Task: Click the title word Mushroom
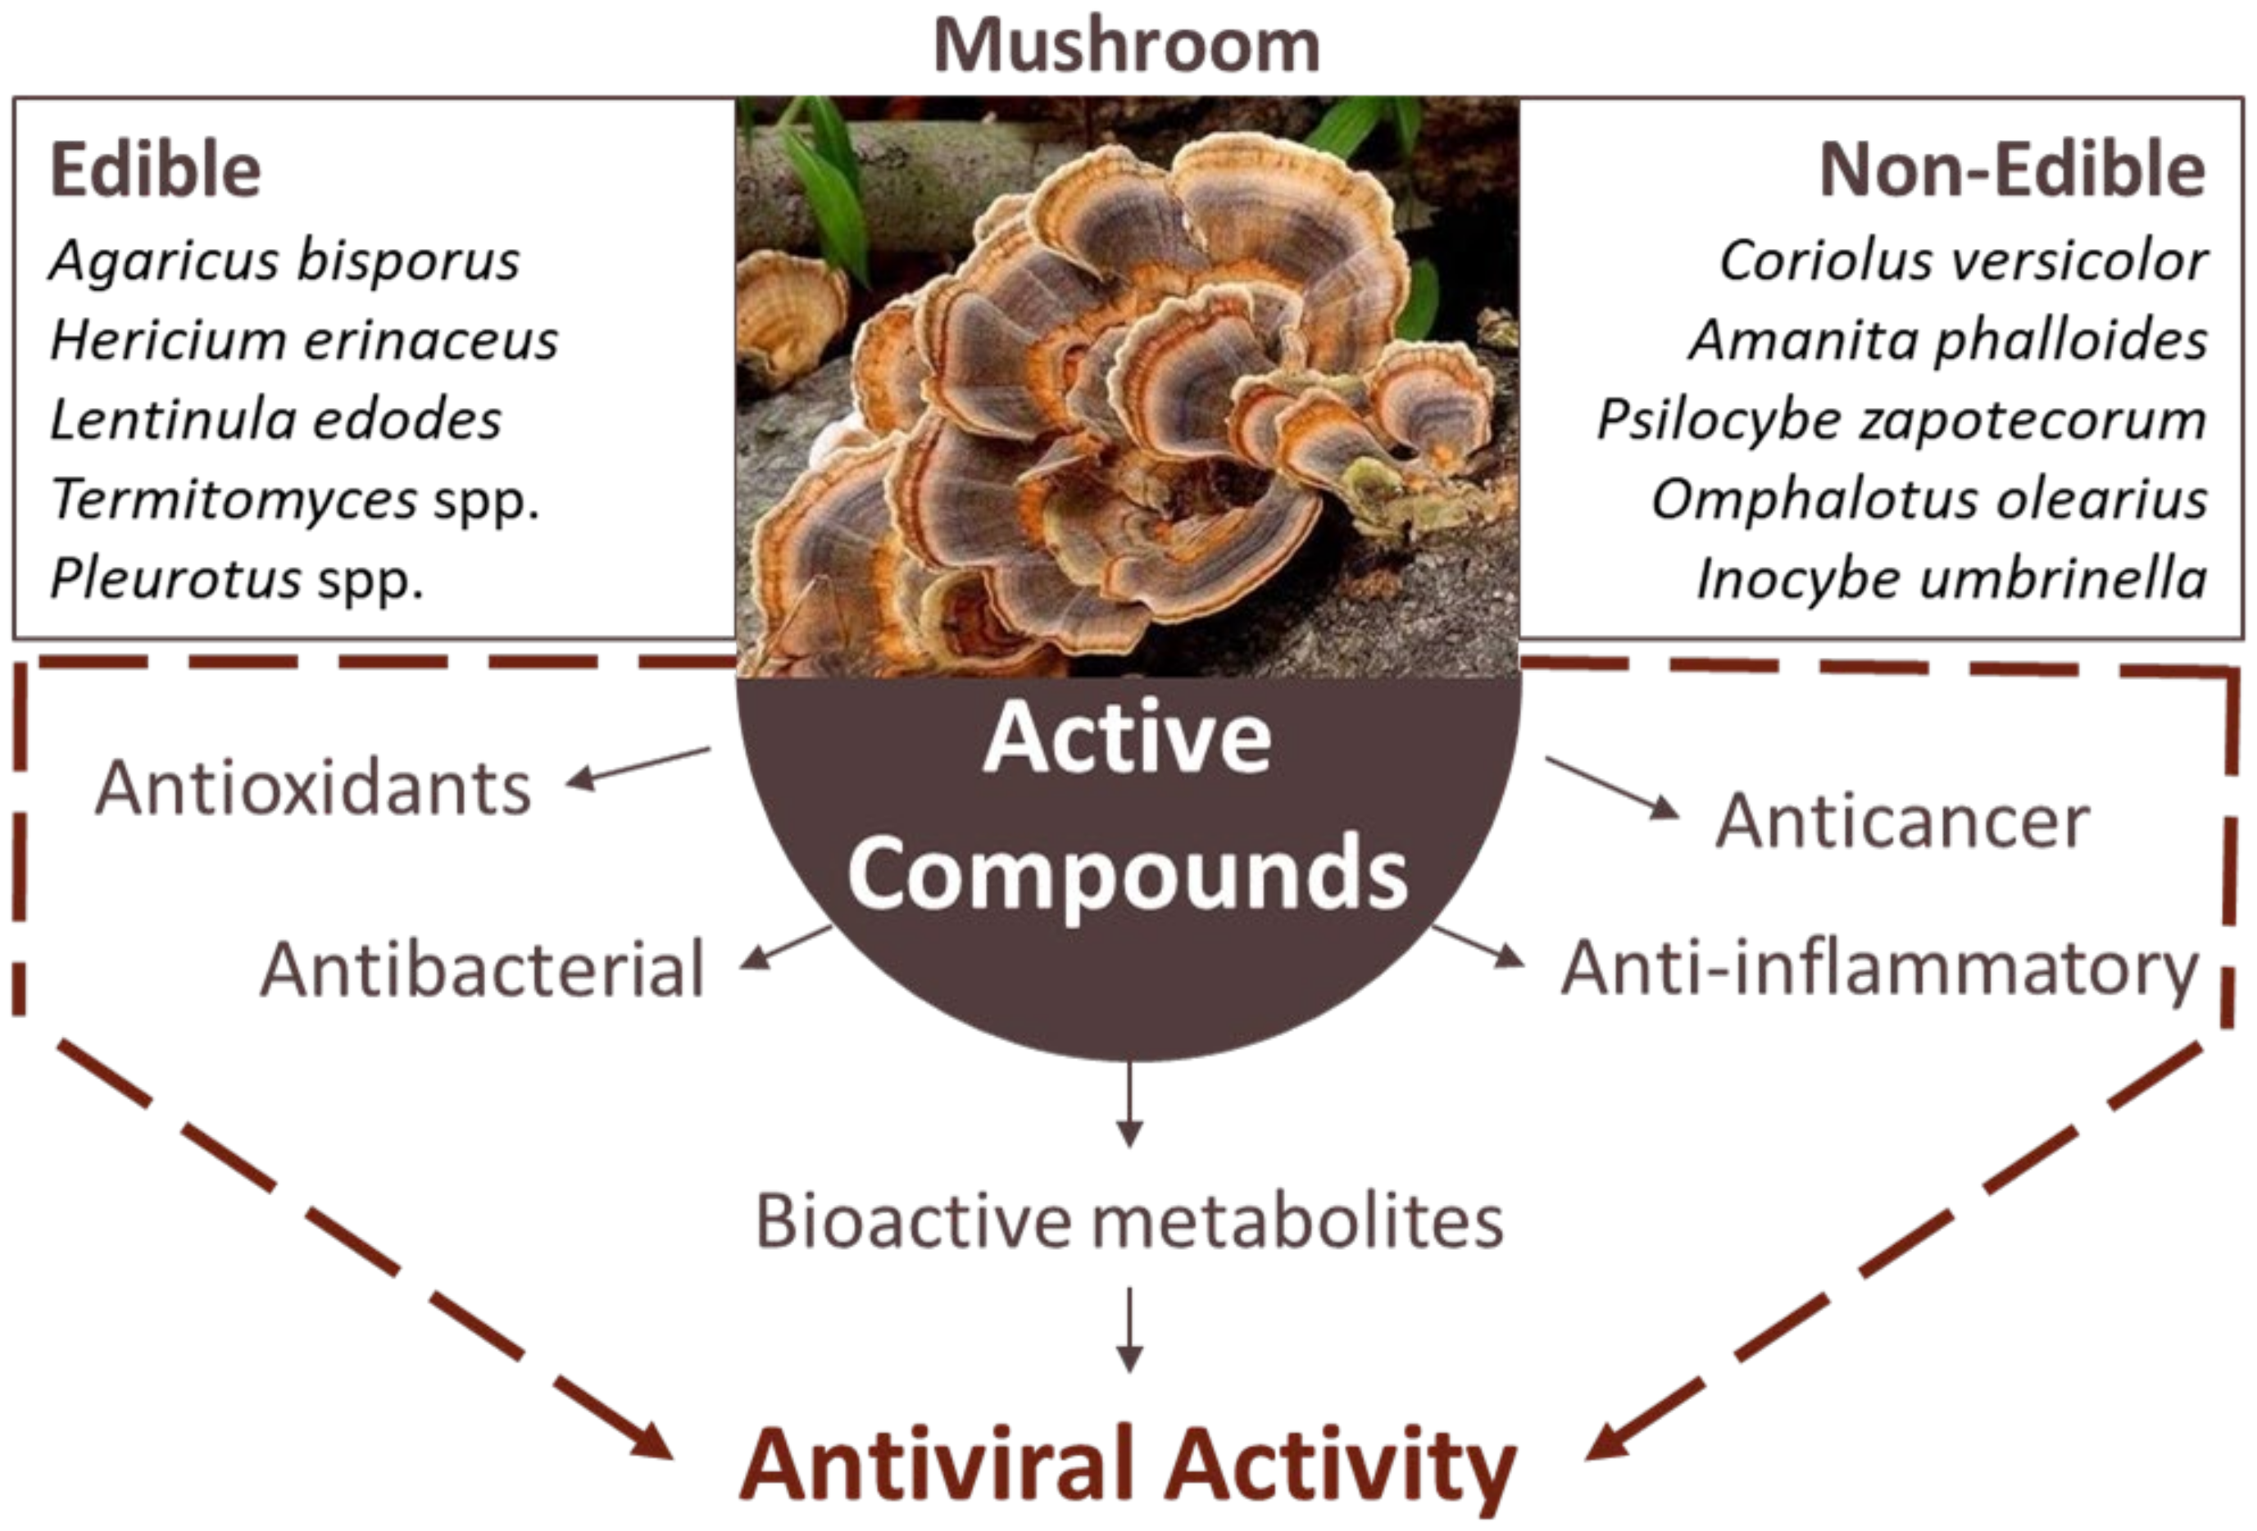(1127, 46)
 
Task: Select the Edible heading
(156, 170)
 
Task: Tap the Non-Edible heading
(2012, 170)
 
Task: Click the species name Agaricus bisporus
(284, 261)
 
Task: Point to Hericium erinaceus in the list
(304, 341)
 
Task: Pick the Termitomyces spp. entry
(294, 500)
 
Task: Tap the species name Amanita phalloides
(1948, 341)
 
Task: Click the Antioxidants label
(314, 788)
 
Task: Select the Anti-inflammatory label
(1880, 969)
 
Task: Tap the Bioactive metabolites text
(1129, 1221)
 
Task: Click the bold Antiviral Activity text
(1128, 1464)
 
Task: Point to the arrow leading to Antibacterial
(787, 947)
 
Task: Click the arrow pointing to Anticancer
(1612, 787)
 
